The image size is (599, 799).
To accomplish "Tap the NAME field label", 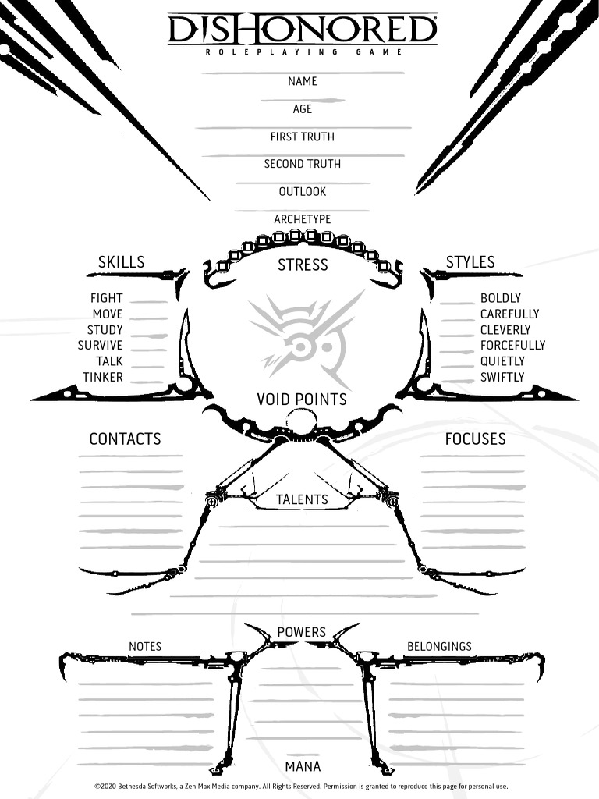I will click(x=303, y=81).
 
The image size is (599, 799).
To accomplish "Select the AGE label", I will click(x=303, y=109).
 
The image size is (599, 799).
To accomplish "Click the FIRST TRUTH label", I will click(x=303, y=137).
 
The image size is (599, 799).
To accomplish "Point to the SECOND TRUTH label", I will click(x=303, y=164).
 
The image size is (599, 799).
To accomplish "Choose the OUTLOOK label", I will click(x=303, y=191).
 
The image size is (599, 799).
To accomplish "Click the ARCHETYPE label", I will click(x=303, y=219).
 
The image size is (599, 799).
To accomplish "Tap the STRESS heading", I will click(x=303, y=265).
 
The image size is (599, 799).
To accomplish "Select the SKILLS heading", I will click(x=121, y=262).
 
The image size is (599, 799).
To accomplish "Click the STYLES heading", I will click(x=470, y=262).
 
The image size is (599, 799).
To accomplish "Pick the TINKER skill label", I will click(x=103, y=377).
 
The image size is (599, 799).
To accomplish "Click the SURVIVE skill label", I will click(x=100, y=345).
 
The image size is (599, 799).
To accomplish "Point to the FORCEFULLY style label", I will click(x=512, y=345).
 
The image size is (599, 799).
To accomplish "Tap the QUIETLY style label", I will click(x=502, y=361).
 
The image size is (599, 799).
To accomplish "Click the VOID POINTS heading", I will click(x=302, y=399).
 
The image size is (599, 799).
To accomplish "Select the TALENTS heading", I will click(x=303, y=499).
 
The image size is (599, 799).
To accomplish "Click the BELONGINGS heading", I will click(x=439, y=646).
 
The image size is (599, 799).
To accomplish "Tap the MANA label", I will click(x=303, y=766).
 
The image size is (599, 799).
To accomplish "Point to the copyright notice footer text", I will click(x=301, y=787).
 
